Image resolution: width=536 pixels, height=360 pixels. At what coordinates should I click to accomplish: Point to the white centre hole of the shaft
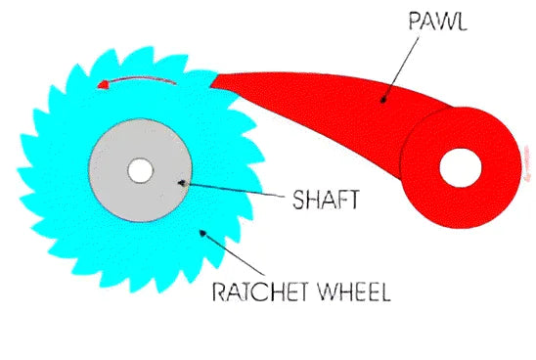click(140, 169)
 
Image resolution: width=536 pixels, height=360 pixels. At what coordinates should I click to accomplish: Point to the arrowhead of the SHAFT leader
click(178, 181)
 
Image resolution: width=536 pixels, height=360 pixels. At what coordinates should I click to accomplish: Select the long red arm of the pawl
click(313, 93)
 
